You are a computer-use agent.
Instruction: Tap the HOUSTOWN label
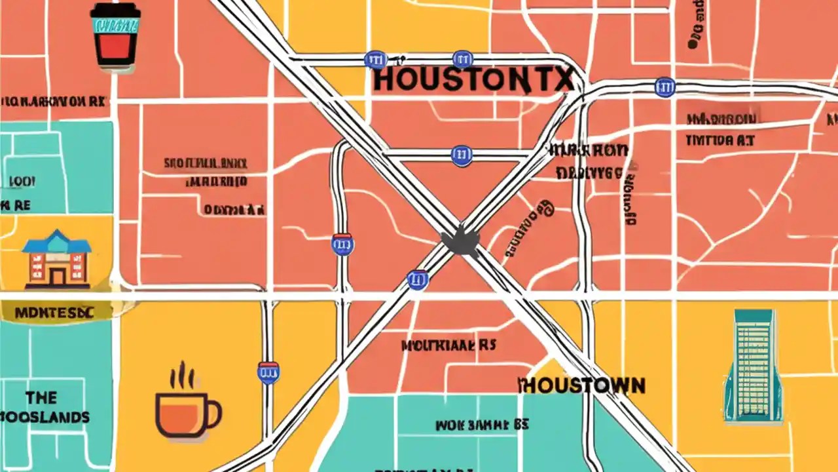(x=582, y=385)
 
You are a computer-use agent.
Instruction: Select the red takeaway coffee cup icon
(x=115, y=36)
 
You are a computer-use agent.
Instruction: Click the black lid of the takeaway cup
(x=115, y=11)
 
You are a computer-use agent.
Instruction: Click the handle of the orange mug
(x=213, y=412)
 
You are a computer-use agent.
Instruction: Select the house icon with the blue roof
(x=57, y=259)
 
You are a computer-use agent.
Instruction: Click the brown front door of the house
(x=57, y=276)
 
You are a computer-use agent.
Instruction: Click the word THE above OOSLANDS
(x=41, y=397)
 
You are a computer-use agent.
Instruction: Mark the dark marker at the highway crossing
(x=461, y=241)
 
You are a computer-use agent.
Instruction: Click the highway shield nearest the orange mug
(x=268, y=372)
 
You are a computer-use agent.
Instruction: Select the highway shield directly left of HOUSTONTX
(x=375, y=60)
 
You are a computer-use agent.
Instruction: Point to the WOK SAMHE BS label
(x=482, y=425)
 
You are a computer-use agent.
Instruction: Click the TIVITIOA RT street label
(x=720, y=140)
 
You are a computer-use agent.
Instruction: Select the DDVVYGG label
(x=589, y=172)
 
